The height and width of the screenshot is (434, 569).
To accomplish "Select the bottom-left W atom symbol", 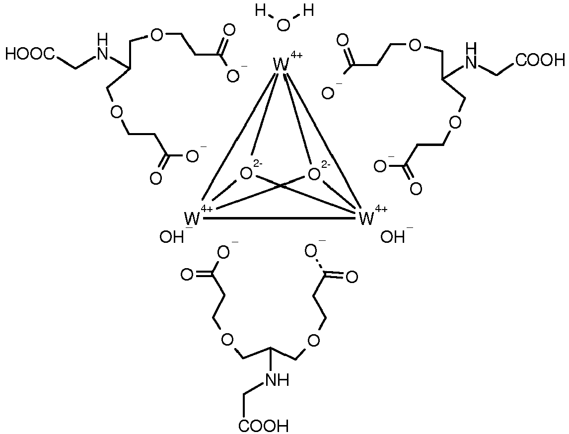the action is pyautogui.click(x=192, y=219).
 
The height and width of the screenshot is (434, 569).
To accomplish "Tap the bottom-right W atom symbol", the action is pyautogui.click(x=366, y=219).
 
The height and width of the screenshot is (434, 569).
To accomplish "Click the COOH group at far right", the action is pyautogui.click(x=541, y=60).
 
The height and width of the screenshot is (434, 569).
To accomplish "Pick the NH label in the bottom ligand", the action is pyautogui.click(x=278, y=380).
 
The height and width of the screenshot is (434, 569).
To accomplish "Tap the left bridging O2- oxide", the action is pyautogui.click(x=246, y=173).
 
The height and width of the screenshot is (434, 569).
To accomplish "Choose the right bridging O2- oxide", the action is pyautogui.click(x=314, y=174).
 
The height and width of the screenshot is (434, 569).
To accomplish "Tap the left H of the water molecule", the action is pyautogui.click(x=261, y=11).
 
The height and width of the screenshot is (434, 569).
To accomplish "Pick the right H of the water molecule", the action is pyautogui.click(x=309, y=11).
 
